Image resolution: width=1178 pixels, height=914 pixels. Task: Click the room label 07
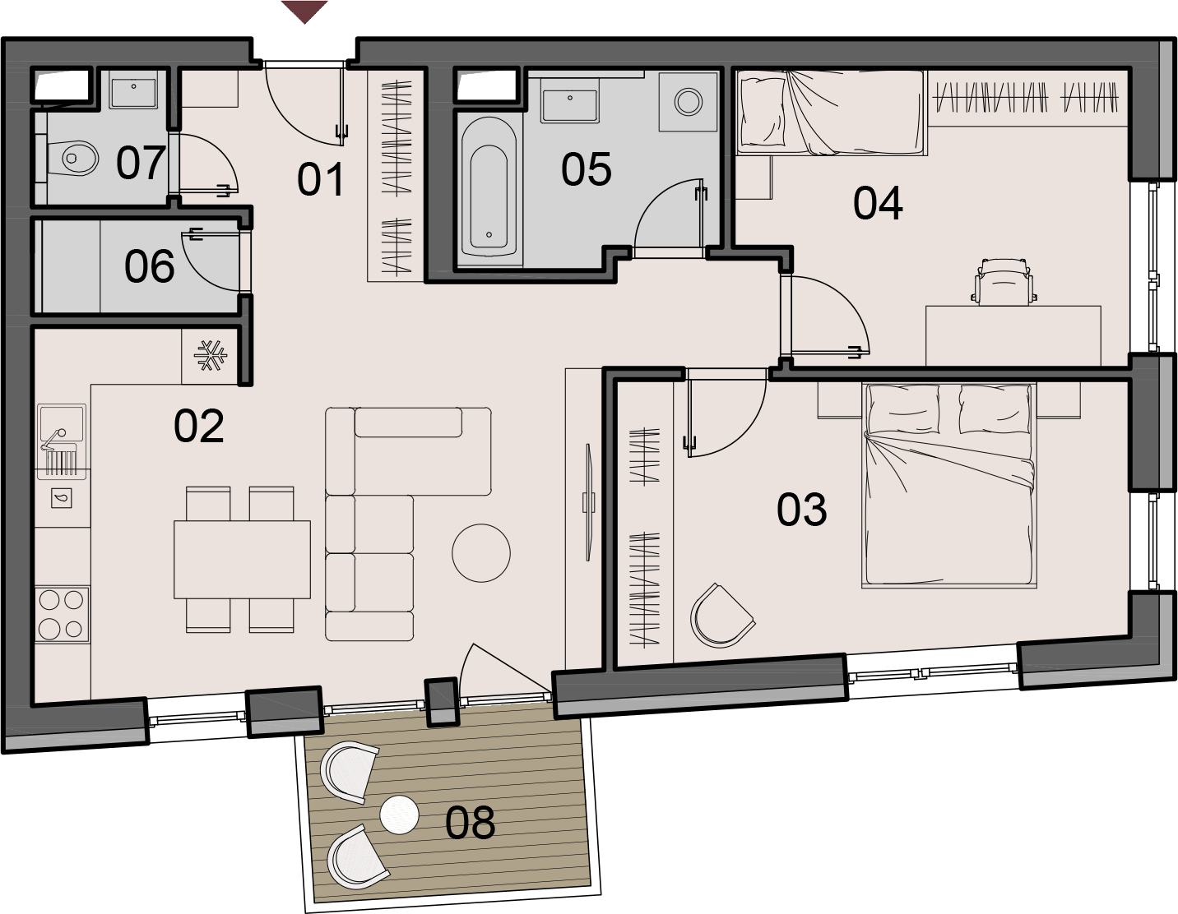click(x=141, y=163)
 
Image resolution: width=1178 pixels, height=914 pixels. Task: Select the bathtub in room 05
click(x=489, y=187)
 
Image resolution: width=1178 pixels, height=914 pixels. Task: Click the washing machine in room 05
click(x=688, y=102)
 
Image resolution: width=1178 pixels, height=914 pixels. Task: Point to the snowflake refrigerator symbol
click(x=211, y=356)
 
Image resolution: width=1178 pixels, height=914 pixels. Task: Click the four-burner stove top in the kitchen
click(x=62, y=614)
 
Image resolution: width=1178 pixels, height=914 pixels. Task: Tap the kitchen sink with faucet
click(x=61, y=441)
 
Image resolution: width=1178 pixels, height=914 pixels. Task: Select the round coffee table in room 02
click(x=481, y=553)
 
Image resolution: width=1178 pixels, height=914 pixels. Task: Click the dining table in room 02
click(x=242, y=560)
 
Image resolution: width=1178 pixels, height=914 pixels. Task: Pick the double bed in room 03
click(x=948, y=485)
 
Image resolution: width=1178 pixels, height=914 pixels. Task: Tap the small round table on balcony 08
click(x=399, y=815)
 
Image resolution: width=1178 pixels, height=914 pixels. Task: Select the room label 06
click(x=149, y=266)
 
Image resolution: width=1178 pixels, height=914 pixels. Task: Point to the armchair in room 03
click(x=721, y=616)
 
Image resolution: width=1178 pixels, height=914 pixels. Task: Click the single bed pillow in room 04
click(x=763, y=112)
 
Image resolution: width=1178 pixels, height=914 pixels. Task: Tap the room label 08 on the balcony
click(x=470, y=822)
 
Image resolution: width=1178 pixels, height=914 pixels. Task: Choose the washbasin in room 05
click(x=570, y=105)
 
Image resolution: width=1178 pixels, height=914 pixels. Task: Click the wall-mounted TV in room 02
click(x=588, y=502)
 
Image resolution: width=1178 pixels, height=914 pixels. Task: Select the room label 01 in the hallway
click(x=320, y=179)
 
